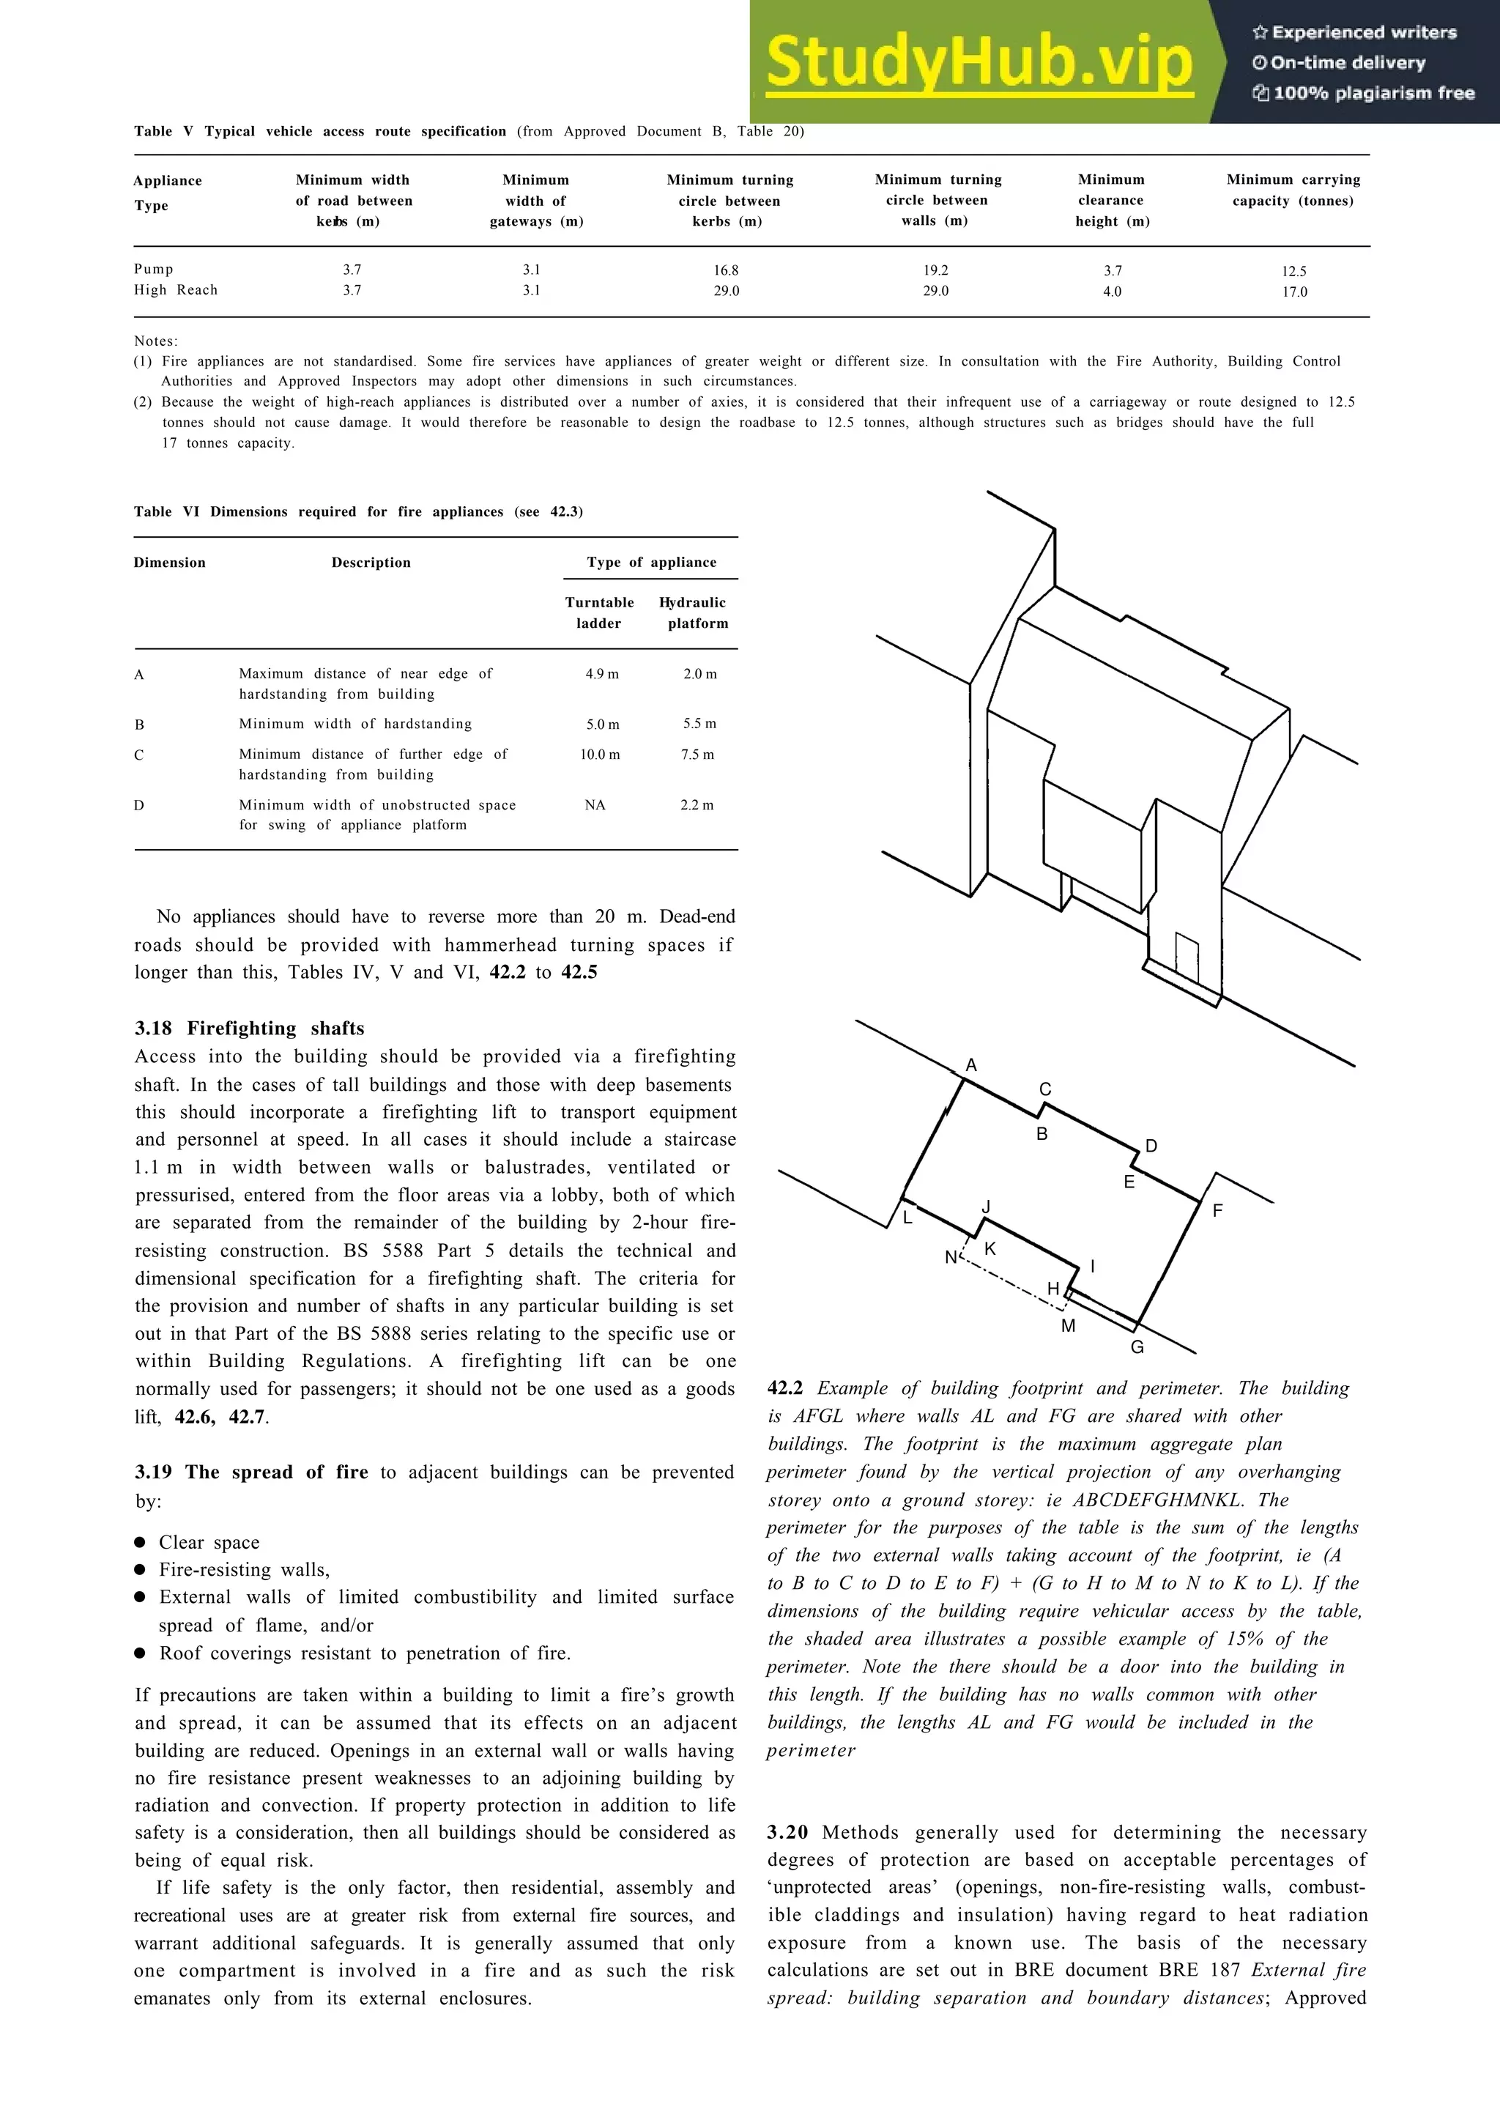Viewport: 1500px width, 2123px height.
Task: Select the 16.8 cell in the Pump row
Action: click(x=726, y=271)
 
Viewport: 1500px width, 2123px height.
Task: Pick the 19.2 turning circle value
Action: click(x=935, y=271)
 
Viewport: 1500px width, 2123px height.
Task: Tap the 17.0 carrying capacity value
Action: click(x=1294, y=292)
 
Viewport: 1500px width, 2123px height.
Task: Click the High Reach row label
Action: click(x=176, y=290)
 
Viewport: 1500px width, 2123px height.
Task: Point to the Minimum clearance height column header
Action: click(x=1111, y=200)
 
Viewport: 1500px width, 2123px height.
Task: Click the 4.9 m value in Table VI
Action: click(x=601, y=674)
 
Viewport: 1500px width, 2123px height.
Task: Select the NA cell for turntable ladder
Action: click(x=595, y=805)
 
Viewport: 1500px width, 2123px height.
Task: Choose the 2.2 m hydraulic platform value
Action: click(x=697, y=805)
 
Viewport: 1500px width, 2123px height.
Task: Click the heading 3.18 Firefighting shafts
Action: click(x=250, y=1029)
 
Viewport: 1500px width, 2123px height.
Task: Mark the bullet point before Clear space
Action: click(x=141, y=1542)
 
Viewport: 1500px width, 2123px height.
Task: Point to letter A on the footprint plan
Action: click(x=970, y=1066)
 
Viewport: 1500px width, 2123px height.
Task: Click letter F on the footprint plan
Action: click(x=1217, y=1210)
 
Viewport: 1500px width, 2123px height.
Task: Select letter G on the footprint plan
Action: click(x=1137, y=1347)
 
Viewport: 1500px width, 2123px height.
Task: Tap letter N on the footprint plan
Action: click(x=950, y=1258)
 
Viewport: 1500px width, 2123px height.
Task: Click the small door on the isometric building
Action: click(x=1187, y=959)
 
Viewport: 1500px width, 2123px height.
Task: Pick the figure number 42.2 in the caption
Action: click(x=786, y=1389)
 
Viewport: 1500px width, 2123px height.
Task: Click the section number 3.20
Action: click(x=787, y=1833)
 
